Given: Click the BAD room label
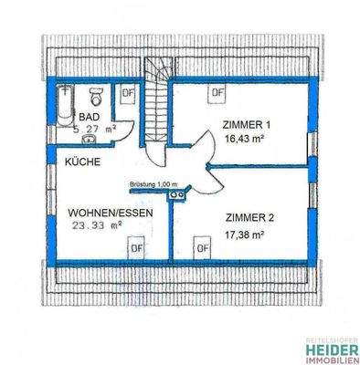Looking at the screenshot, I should tap(88, 118).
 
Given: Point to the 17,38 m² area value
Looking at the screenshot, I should tap(243, 234).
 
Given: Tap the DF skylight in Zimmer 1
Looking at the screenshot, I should tap(217, 92).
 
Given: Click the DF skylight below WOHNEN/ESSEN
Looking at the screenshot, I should tap(136, 246).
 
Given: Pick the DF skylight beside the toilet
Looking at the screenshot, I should tap(127, 92).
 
